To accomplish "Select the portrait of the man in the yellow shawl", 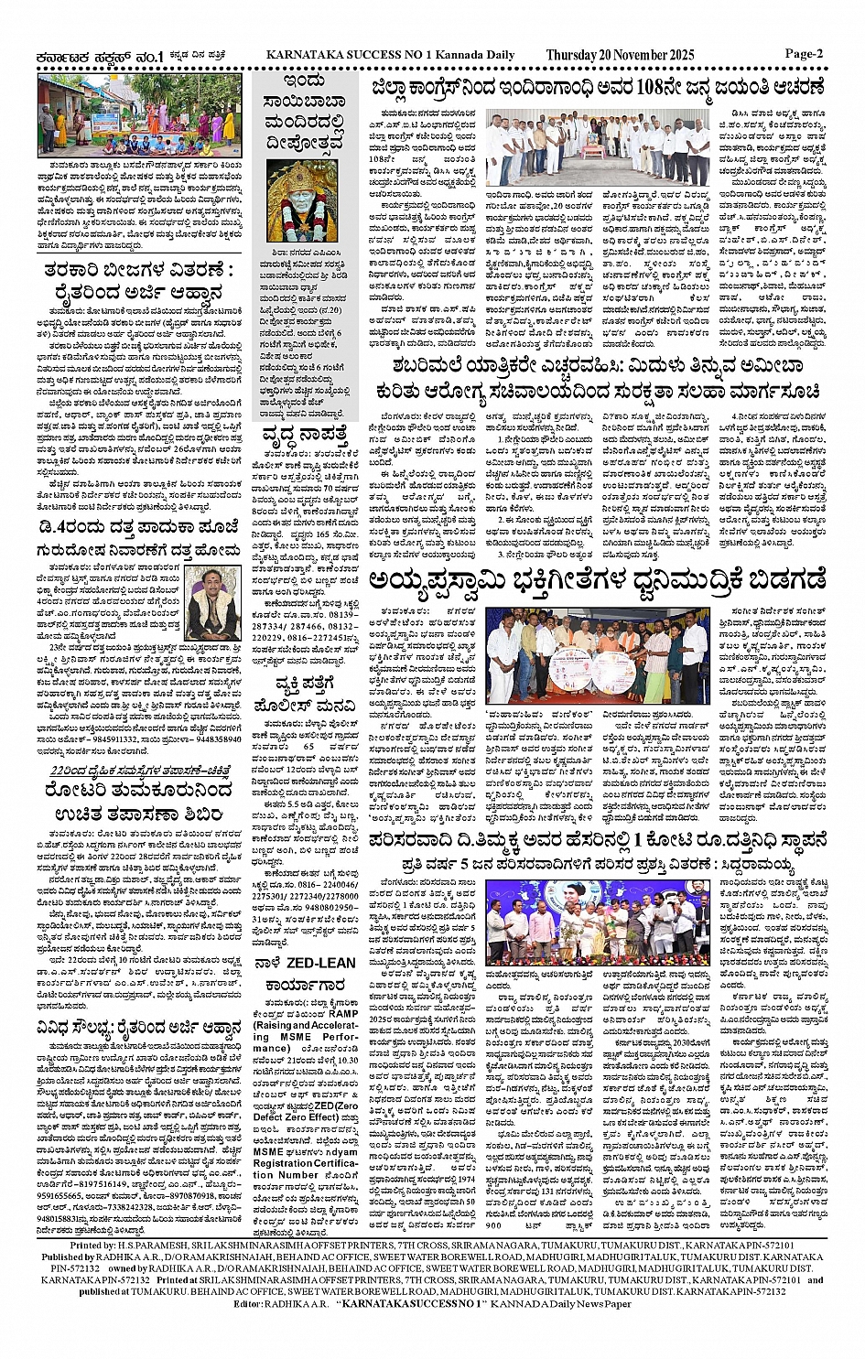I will [x=211, y=602].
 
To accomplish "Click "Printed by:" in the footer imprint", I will [x=92, y=1246].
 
